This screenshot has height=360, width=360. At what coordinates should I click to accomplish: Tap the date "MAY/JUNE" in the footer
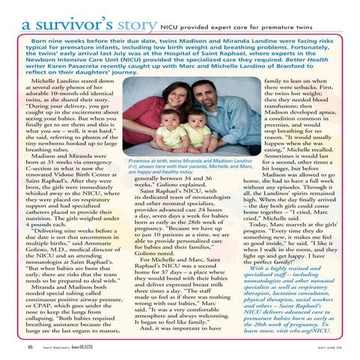323,347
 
